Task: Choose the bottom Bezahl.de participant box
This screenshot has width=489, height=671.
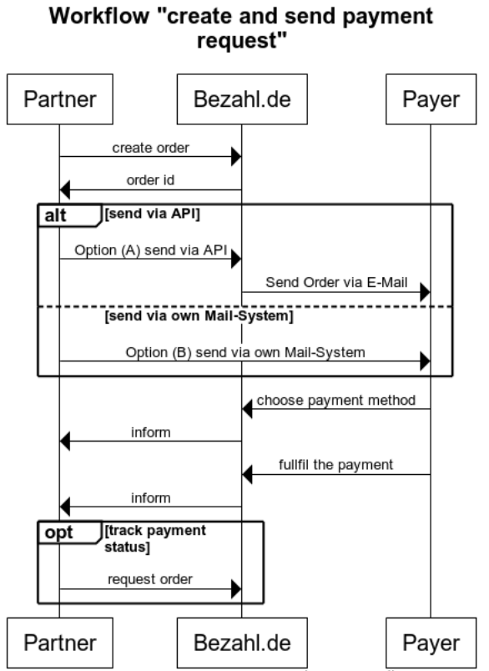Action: tap(241, 643)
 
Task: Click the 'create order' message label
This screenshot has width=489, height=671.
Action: tap(149, 147)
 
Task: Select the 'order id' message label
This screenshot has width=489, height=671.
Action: tap(149, 179)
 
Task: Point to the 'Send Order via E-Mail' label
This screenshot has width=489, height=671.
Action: tap(336, 281)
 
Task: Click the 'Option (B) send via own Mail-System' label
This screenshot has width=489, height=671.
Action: tap(245, 352)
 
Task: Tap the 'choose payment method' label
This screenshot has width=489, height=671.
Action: tap(336, 400)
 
